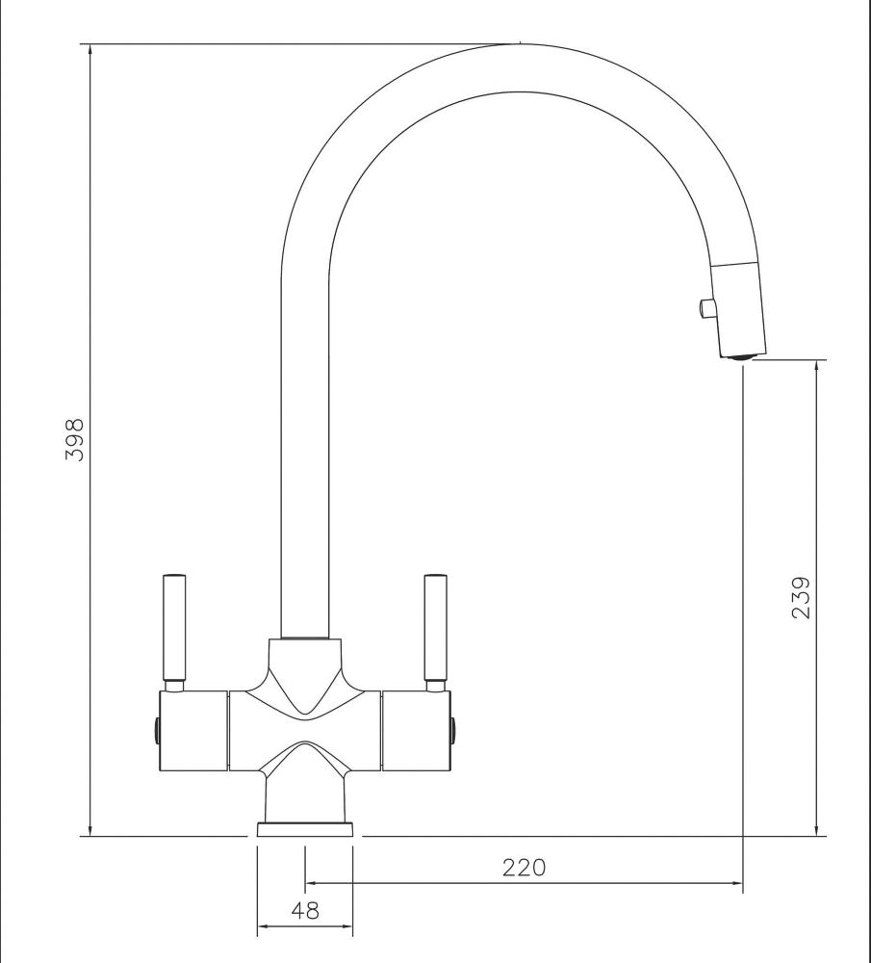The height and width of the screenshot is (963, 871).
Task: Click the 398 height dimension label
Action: [75, 440]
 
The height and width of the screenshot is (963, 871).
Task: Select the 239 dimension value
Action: [801, 597]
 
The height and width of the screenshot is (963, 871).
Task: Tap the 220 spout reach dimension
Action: [524, 868]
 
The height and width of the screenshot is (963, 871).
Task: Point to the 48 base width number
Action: [305, 910]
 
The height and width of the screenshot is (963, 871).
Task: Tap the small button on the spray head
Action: [707, 308]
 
